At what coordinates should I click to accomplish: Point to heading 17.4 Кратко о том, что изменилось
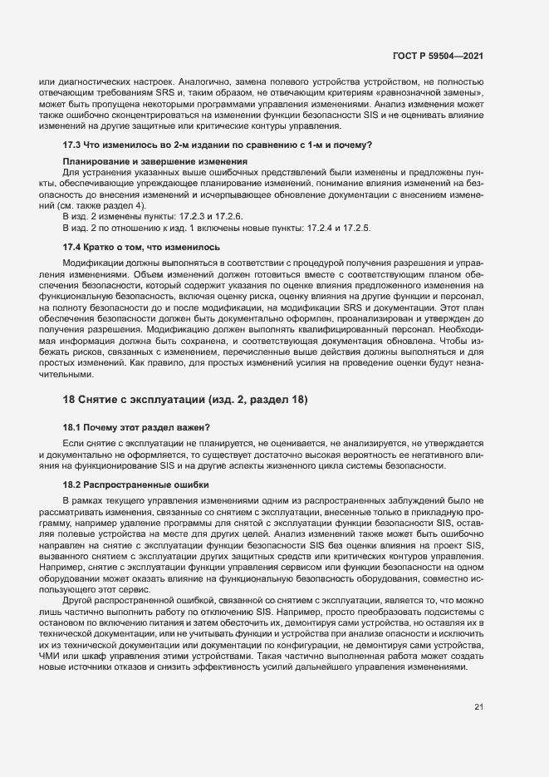[x=141, y=248]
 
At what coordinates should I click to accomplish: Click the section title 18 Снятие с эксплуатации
[x=185, y=400]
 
